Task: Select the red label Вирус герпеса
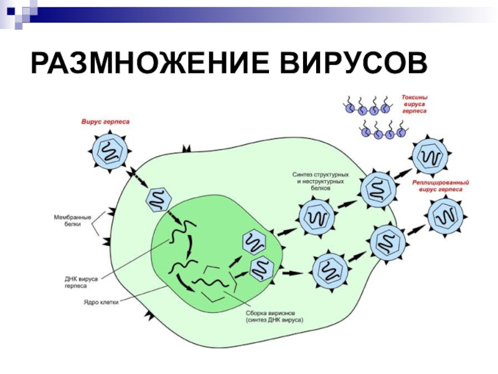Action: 105,122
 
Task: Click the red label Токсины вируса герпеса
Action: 415,104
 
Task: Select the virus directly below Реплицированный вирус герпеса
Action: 446,218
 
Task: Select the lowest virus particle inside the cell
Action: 329,271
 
